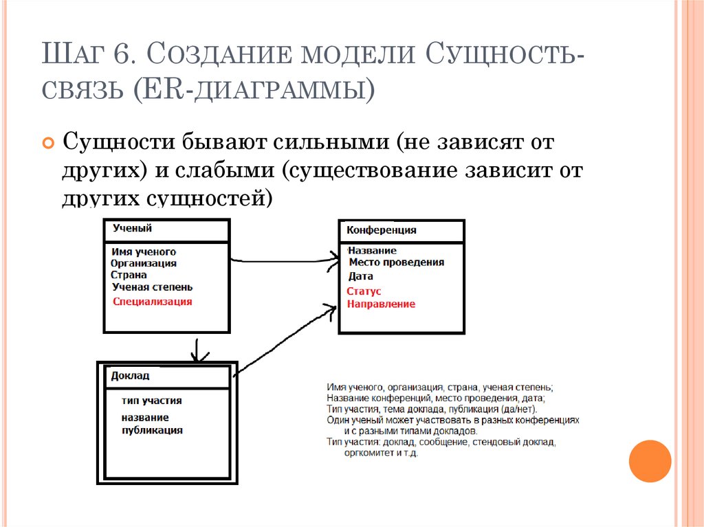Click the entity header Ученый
point(132,229)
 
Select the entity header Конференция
point(381,231)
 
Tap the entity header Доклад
point(130,377)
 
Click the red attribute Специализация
point(153,302)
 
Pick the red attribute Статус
point(364,291)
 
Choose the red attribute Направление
point(381,304)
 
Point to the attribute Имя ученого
point(143,252)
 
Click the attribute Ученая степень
point(152,287)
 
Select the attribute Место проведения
point(396,262)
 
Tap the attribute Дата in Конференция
point(360,276)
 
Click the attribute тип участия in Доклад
point(151,401)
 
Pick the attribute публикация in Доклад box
point(152,430)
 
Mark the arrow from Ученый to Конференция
point(282,260)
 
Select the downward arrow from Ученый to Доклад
point(198,349)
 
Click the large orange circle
point(650,460)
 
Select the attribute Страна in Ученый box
point(129,275)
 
